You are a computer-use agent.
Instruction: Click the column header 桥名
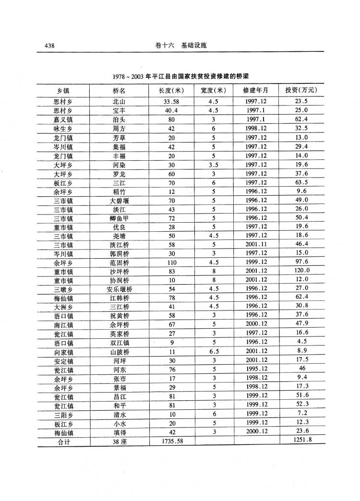point(119,90)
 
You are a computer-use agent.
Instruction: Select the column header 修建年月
point(256,90)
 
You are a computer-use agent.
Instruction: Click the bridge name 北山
point(119,102)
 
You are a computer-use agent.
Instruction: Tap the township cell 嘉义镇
point(63,119)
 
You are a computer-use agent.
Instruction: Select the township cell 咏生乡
point(63,129)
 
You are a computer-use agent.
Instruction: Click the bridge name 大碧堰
point(119,200)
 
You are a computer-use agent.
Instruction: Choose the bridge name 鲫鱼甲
point(119,218)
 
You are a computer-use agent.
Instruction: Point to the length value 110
point(171,262)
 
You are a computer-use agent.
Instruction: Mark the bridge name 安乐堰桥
point(119,289)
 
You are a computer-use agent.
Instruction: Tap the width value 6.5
point(213,352)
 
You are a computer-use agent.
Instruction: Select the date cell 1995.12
point(256,369)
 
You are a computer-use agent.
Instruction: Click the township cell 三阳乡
point(63,414)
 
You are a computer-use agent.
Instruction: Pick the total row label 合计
point(63,441)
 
